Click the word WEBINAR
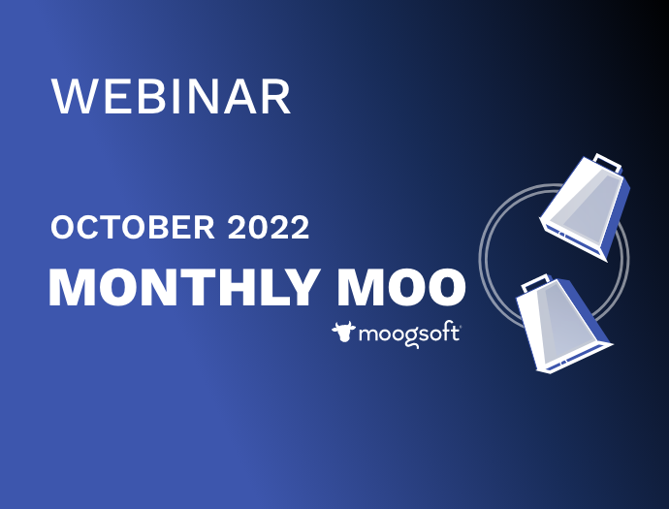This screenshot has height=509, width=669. pyautogui.click(x=171, y=96)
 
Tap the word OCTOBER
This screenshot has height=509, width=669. pyautogui.click(x=133, y=227)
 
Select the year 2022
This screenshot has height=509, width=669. pyautogui.click(x=269, y=227)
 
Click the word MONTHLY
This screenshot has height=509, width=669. pyautogui.click(x=185, y=287)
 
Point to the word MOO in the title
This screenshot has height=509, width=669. pyautogui.click(x=401, y=287)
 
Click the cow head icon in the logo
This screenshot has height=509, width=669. pyautogui.click(x=343, y=332)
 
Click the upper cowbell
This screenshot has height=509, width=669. pyautogui.click(x=585, y=207)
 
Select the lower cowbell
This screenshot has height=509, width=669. pyautogui.click(x=562, y=324)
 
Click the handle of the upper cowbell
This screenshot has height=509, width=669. pyautogui.click(x=608, y=163)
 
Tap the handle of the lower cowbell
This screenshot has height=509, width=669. pyautogui.click(x=535, y=282)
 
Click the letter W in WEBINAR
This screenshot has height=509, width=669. pyautogui.click(x=72, y=96)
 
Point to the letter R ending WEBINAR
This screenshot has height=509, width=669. pyautogui.click(x=277, y=96)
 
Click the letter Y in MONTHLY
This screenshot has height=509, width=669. pyautogui.click(x=303, y=287)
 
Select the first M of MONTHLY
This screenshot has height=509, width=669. pyautogui.click(x=72, y=287)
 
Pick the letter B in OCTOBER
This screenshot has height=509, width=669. pyautogui.click(x=157, y=227)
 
